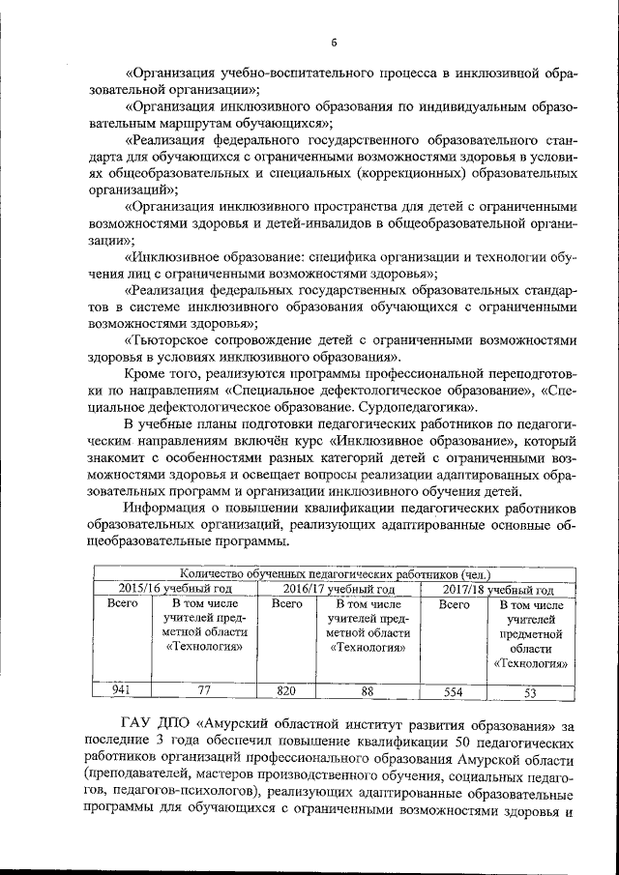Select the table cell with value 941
pyautogui.click(x=121, y=690)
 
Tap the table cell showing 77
pyautogui.click(x=203, y=690)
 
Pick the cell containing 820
pyautogui.click(x=286, y=690)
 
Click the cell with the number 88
pyautogui.click(x=368, y=690)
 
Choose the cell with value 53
pyautogui.click(x=530, y=692)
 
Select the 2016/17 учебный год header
pyautogui.click(x=339, y=589)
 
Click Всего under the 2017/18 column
pyautogui.click(x=454, y=604)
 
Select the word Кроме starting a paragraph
pyautogui.click(x=149, y=374)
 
